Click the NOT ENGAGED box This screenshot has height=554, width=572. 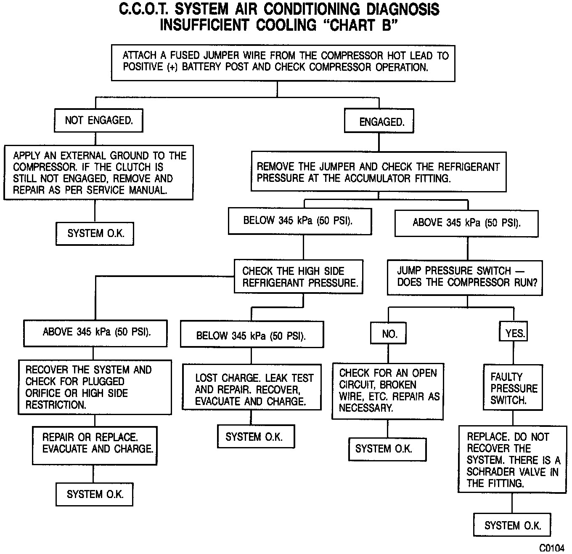point(98,121)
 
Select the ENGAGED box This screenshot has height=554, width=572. point(379,122)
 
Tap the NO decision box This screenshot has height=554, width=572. point(389,334)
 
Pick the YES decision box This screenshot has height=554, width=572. point(514,333)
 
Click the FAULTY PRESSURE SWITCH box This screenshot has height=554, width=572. point(513,388)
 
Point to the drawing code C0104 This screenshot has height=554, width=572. point(551,548)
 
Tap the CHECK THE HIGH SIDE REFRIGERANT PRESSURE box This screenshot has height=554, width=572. point(299,277)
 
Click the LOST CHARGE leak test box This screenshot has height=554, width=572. point(252,389)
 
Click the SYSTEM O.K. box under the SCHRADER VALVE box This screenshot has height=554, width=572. point(512,525)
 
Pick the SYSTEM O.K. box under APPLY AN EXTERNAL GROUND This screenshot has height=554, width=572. point(95,233)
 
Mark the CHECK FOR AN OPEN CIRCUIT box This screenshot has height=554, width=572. point(387,390)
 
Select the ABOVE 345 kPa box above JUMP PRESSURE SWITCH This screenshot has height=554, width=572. point(466,223)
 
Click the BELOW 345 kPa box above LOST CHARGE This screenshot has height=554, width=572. point(252,336)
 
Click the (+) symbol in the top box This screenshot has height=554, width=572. point(172,67)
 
